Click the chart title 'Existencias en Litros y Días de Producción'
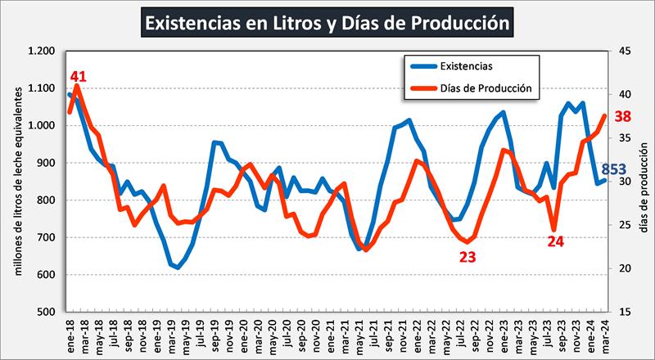coord(327,22)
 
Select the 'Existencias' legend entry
coord(465,65)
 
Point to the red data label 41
coord(78,77)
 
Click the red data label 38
coord(621,117)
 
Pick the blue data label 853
coord(626,169)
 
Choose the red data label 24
coord(556,241)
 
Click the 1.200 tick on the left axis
coord(42,51)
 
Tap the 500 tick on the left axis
coord(47,312)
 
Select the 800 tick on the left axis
coord(47,200)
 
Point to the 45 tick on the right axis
coord(624,51)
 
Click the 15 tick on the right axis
coord(624,312)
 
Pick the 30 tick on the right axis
coord(624,182)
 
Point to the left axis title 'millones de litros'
coord(16,180)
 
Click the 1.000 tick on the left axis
coord(42,125)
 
